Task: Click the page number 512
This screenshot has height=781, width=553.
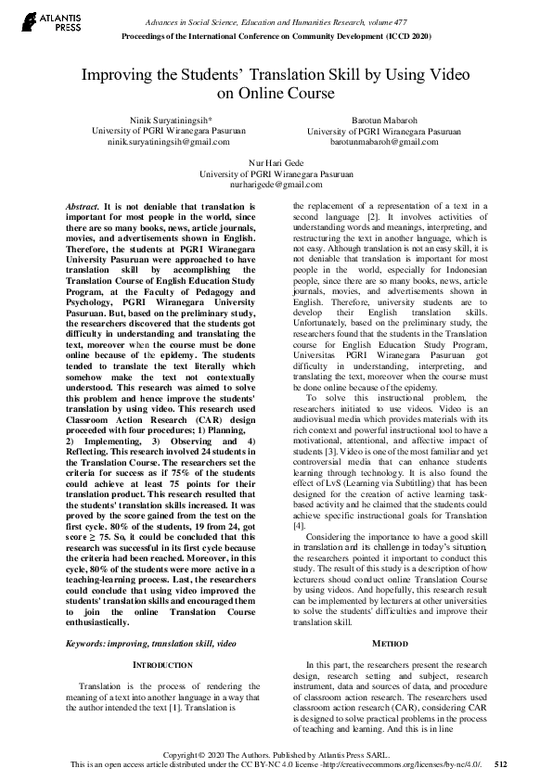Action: tap(501, 764)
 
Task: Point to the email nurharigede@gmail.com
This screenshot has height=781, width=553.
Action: tap(276, 184)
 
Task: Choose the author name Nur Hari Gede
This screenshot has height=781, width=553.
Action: tap(276, 163)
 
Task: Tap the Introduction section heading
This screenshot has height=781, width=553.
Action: tap(163, 666)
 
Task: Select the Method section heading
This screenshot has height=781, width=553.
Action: tap(396, 642)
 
